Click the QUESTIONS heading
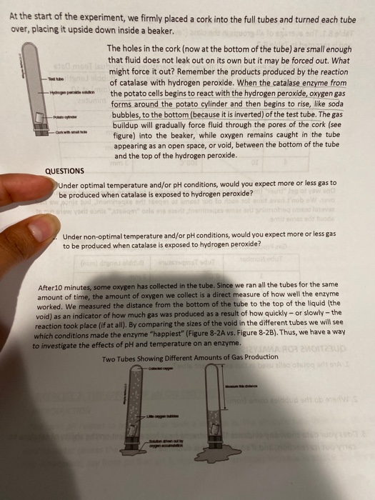(64, 171)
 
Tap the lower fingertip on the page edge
(29, 230)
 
